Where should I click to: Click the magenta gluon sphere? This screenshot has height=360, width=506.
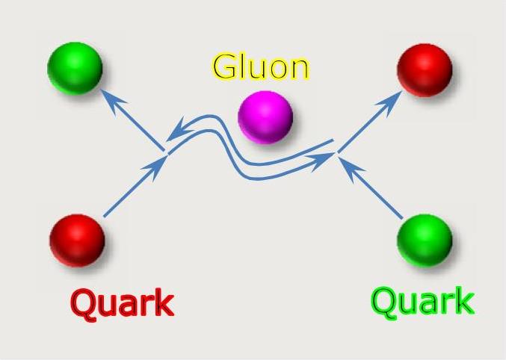[265, 117]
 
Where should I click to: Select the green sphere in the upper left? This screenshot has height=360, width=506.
[74, 68]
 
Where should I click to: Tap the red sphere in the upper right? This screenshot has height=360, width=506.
[425, 69]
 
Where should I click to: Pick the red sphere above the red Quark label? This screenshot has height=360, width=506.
[77, 240]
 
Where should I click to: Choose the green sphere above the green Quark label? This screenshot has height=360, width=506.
[425, 240]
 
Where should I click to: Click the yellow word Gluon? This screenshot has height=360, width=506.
[260, 67]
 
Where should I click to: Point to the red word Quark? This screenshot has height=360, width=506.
[122, 303]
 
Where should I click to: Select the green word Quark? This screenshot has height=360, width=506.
[422, 302]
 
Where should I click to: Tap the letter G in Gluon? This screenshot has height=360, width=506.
[224, 67]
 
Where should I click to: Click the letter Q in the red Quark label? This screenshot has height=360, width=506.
[84, 303]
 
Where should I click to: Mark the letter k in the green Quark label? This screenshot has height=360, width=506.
[463, 301]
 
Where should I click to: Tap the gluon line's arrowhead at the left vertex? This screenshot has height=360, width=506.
[174, 133]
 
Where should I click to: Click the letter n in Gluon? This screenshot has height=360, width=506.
[296, 69]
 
